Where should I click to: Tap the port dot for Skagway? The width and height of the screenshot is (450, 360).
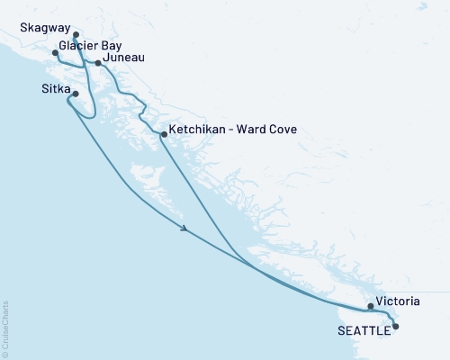(x=76, y=36)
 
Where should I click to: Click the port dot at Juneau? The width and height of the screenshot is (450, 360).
(x=99, y=63)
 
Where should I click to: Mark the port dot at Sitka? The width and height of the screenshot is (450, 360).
(x=76, y=94)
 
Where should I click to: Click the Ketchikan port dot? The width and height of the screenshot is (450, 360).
(x=163, y=135)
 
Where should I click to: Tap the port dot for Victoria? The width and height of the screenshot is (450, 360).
(x=371, y=306)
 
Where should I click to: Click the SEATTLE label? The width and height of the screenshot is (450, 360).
(x=364, y=330)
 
